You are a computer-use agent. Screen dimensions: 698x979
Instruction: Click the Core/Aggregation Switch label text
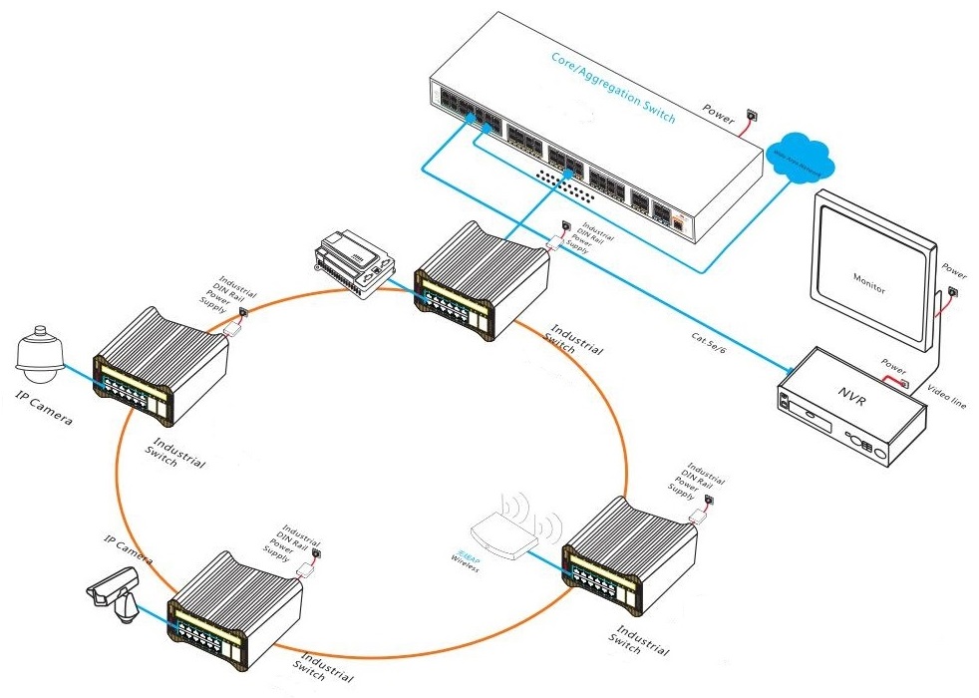[612, 88]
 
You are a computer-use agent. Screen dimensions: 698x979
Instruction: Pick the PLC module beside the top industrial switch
[349, 262]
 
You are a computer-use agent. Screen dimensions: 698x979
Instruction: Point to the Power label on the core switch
[718, 110]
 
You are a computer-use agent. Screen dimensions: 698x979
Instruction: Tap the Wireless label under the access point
[465, 559]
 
